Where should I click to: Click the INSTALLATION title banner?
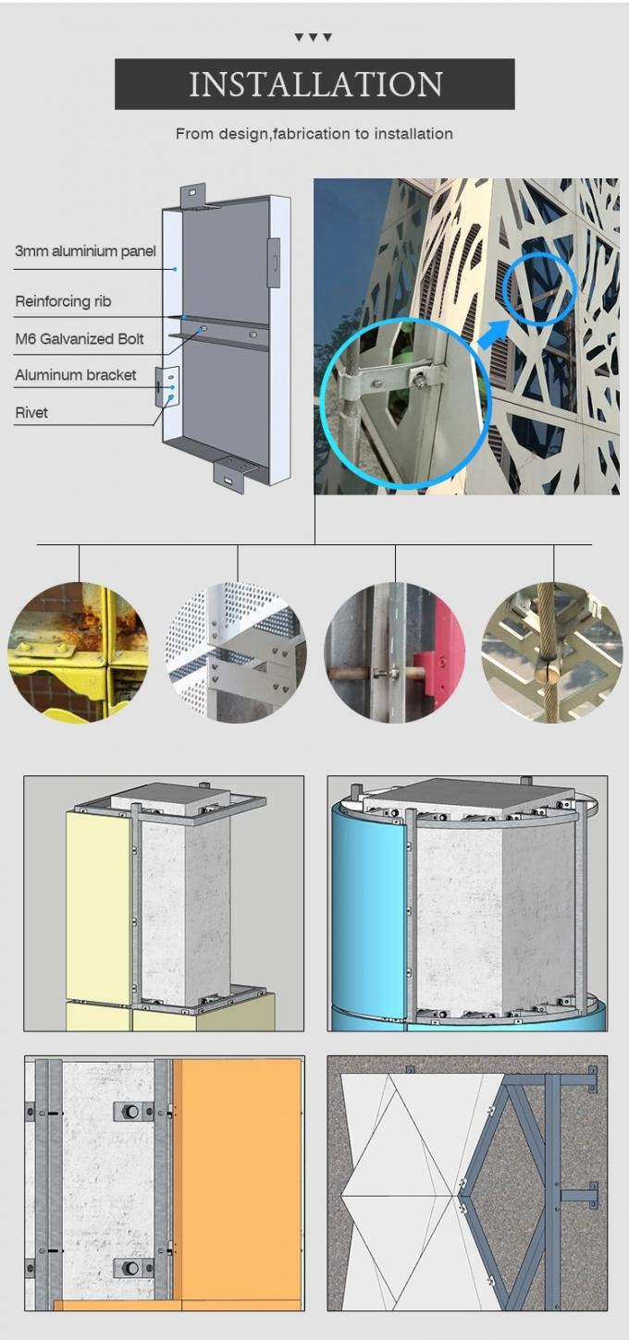(314, 84)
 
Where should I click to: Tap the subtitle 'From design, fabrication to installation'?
(314, 134)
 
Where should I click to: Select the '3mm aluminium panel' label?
(85, 251)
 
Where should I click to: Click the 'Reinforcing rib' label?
(63, 301)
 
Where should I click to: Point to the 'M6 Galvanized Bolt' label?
(80, 338)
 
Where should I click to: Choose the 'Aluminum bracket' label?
(75, 375)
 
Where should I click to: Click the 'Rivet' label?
(31, 413)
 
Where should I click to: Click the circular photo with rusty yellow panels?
(78, 652)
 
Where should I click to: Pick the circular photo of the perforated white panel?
(236, 652)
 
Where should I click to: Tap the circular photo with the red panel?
(394, 652)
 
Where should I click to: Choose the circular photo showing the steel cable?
(552, 652)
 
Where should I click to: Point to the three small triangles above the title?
(313, 37)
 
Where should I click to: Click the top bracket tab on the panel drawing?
(194, 195)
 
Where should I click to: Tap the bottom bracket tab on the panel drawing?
(233, 473)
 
